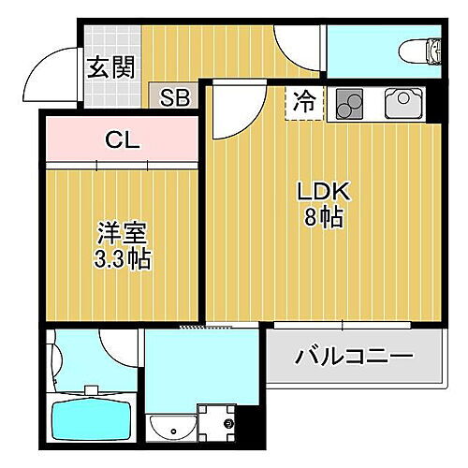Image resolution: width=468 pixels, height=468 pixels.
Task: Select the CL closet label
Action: [x=122, y=141]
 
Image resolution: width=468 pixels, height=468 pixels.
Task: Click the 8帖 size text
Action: [x=323, y=218]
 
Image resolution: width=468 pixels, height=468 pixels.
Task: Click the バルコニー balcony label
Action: [x=354, y=358]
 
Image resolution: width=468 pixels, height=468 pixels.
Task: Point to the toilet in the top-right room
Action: [x=418, y=49]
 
